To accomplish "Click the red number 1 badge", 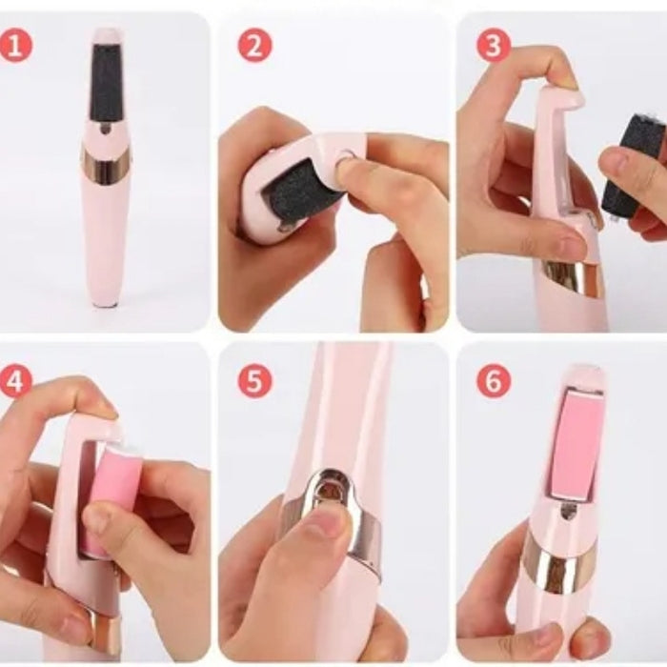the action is point(15,46).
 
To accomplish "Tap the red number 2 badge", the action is point(254,46).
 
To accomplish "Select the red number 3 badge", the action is point(493,46).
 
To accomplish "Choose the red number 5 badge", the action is point(254,381).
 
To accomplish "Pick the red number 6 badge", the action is point(493,381).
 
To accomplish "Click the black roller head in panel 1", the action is point(106,82).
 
